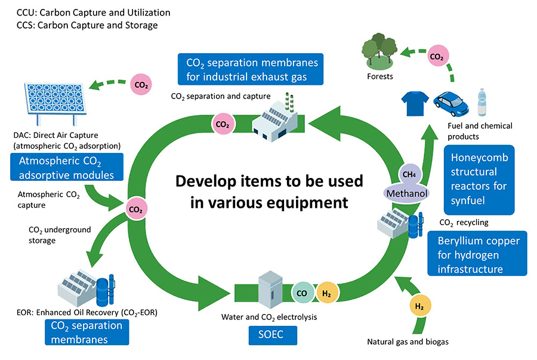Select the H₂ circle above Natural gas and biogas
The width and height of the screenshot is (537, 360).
pos(419,307)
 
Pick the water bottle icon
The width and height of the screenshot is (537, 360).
pos(482,102)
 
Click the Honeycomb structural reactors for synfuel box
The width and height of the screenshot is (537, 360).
pos(479,179)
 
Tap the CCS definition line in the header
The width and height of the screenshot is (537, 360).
pos(87,26)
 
